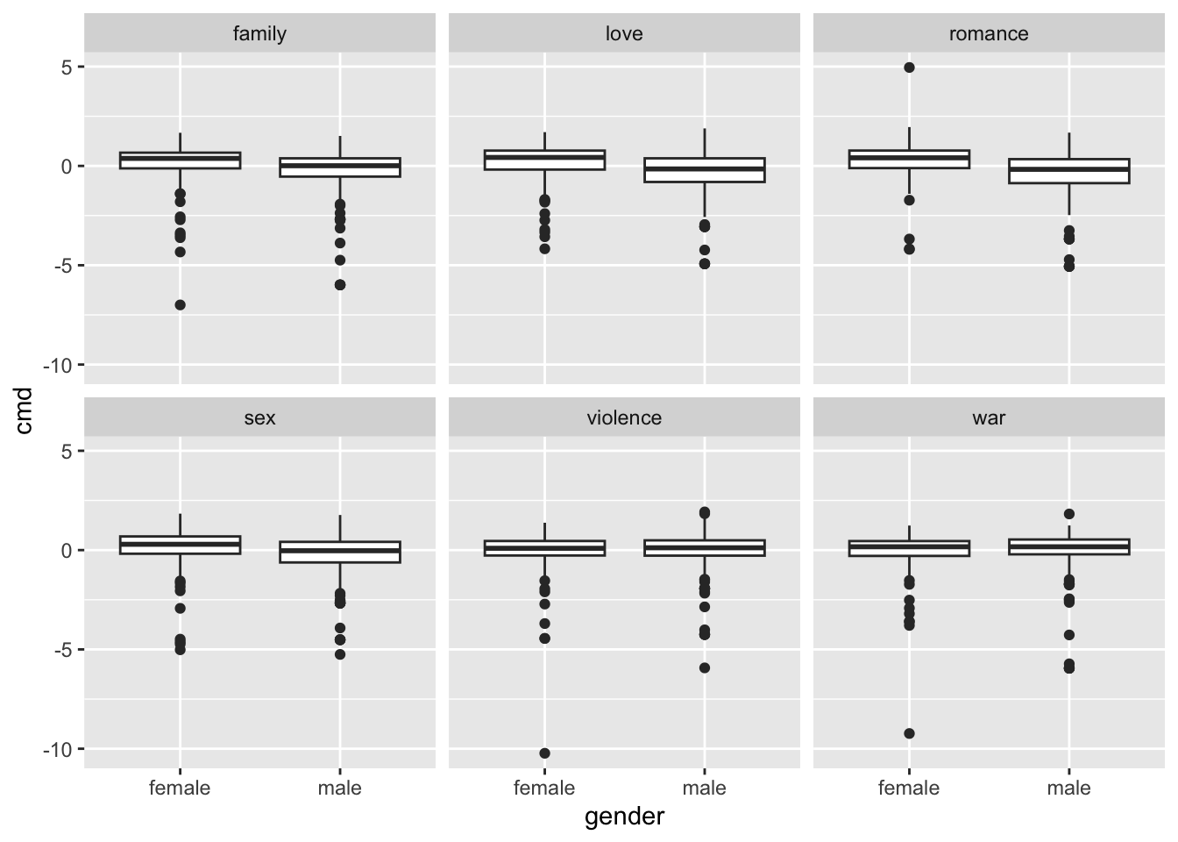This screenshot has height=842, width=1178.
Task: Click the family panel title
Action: click(259, 34)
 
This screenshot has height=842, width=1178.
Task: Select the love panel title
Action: click(624, 34)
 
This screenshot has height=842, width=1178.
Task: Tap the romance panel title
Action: click(989, 34)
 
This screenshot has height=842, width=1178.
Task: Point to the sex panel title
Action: click(259, 418)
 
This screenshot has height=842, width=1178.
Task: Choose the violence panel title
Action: click(624, 418)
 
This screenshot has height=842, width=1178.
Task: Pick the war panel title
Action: click(989, 418)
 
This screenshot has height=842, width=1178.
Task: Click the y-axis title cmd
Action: click(24, 410)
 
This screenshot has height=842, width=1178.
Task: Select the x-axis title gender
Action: click(624, 817)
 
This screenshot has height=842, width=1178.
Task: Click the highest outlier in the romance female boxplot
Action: click(909, 68)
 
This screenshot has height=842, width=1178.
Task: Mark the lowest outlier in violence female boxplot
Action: click(544, 753)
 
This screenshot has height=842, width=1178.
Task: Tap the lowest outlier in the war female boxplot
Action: click(909, 733)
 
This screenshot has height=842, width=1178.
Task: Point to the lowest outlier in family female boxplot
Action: click(180, 305)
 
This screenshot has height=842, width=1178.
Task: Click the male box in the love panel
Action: click(704, 170)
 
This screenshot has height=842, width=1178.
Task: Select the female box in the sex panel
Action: click(180, 545)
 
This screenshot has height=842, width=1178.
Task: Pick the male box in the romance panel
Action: click(1068, 171)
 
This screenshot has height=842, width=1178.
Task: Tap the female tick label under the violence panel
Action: click(544, 788)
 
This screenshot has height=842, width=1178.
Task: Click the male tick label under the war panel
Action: click(1068, 788)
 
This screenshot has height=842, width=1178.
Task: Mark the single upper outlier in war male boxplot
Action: click(1068, 514)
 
